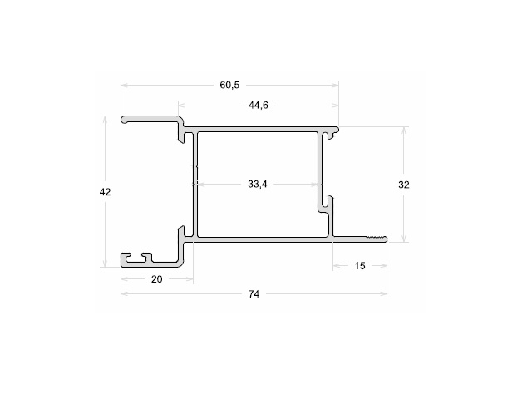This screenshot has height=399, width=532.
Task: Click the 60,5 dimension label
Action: [x=229, y=85]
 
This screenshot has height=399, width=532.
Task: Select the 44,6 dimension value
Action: [x=259, y=106]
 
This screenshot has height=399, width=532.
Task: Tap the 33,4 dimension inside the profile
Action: [x=258, y=184]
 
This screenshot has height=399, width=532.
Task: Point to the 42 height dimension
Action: [x=105, y=192]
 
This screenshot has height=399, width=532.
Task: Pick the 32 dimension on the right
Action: [x=404, y=185]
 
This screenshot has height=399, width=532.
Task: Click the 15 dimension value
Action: [x=360, y=266]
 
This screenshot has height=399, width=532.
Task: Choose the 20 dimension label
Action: [x=157, y=279]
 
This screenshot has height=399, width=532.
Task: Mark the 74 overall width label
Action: [x=254, y=294]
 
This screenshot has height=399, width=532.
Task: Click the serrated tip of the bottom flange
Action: [x=377, y=239]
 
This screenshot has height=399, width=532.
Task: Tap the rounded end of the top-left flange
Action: [x=125, y=120]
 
